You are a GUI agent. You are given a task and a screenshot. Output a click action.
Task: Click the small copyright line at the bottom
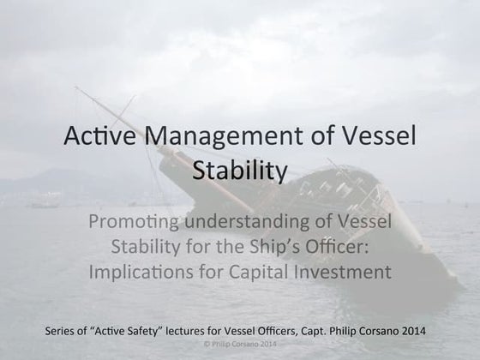(x=240, y=345)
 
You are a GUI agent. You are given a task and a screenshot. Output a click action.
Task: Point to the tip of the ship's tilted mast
(x=76, y=88)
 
